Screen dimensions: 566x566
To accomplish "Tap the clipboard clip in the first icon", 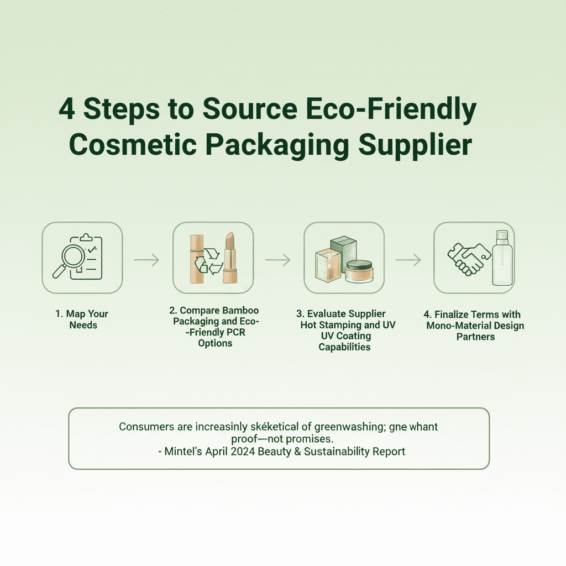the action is coord(86,238).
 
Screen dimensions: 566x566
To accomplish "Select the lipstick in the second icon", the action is coord(229,258).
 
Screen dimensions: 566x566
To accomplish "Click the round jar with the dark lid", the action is coord(359,271).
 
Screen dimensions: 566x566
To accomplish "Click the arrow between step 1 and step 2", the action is coord(146,260).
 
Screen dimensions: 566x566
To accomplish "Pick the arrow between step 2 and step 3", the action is coord(277,260).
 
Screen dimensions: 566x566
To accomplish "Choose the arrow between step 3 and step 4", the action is coord(408,260).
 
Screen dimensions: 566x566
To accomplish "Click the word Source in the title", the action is coord(250,109).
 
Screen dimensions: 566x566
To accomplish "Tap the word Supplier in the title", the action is coord(415,145).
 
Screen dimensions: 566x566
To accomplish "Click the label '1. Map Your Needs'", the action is coord(82,319).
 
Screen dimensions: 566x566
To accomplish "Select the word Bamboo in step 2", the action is coord(240,311).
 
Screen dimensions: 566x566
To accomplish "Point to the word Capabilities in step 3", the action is coord(344,347).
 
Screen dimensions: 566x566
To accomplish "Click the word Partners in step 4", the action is coord(475,337).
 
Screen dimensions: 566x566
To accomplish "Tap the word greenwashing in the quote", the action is coord(350,427).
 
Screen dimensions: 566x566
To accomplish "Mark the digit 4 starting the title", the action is coord(67,109).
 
